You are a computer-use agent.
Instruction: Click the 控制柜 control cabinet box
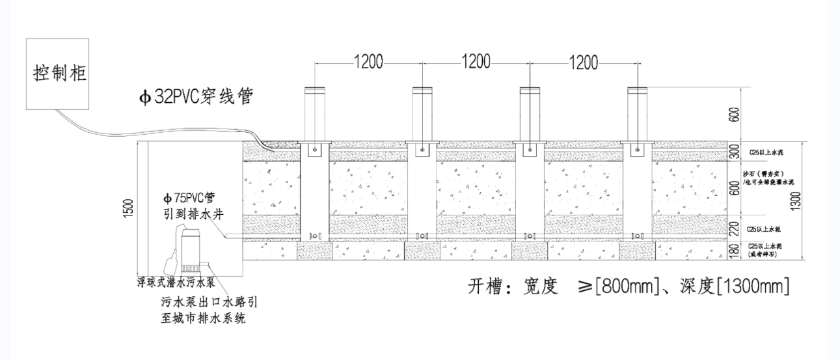(60, 73)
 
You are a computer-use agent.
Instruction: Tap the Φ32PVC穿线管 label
(195, 98)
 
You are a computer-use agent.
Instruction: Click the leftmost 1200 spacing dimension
(368, 62)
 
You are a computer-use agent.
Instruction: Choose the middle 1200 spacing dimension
(476, 62)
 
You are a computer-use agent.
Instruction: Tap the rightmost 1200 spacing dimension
(583, 62)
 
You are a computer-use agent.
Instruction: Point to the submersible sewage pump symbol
(191, 249)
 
